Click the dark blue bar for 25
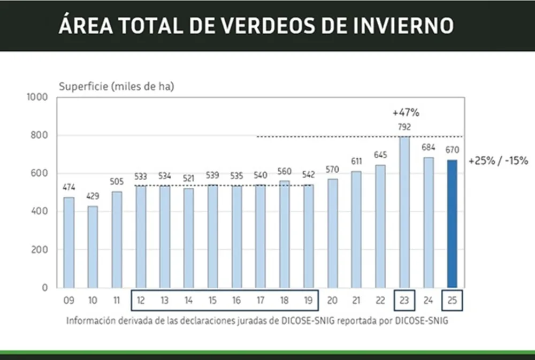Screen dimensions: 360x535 (x=452, y=224)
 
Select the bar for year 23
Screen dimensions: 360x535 (x=404, y=212)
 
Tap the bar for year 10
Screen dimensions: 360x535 (x=93, y=247)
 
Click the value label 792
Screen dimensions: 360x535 (x=404, y=127)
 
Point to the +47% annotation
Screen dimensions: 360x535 (x=406, y=113)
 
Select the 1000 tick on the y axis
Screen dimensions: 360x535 (x=40, y=97)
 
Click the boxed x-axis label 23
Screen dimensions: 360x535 (x=404, y=301)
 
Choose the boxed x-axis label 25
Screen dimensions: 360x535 (x=452, y=301)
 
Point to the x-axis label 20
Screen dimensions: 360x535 (x=332, y=301)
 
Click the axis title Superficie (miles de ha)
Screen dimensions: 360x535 (x=116, y=86)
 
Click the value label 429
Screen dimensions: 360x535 (x=93, y=197)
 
